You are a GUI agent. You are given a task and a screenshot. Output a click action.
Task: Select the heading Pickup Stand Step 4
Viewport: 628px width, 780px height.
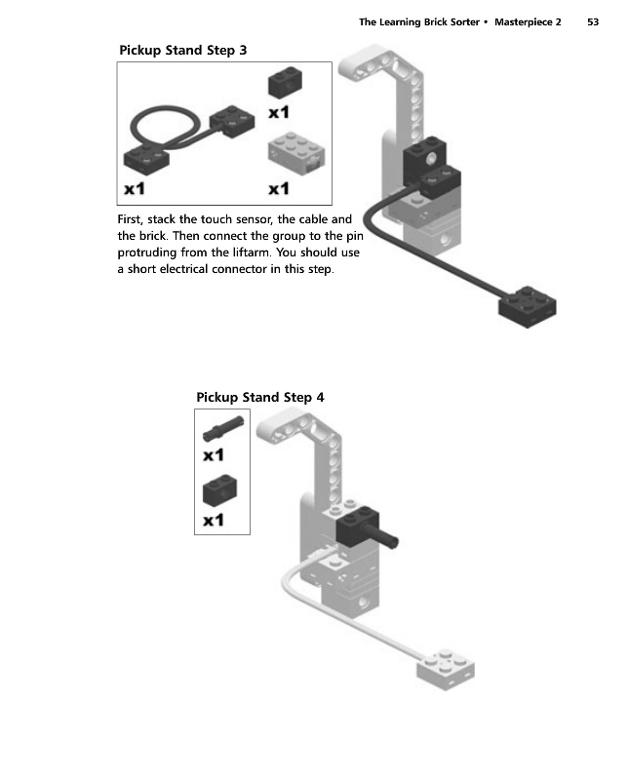[x=259, y=397]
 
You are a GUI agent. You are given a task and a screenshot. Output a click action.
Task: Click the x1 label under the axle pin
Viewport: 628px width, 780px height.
[x=214, y=454]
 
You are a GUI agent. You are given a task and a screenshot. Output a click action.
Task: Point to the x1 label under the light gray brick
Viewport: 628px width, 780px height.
[x=279, y=187]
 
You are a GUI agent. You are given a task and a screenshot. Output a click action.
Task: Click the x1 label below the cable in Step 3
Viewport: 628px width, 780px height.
[x=135, y=187]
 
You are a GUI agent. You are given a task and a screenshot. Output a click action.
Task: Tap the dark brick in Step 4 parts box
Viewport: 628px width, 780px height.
[x=219, y=490]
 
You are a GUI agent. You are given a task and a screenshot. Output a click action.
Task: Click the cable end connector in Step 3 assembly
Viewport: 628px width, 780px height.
[x=528, y=308]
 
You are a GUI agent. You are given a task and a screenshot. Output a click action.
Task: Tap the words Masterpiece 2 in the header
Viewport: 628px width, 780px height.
[x=529, y=21]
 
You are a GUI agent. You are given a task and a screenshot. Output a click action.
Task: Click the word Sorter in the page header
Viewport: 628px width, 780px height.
[x=461, y=21]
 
